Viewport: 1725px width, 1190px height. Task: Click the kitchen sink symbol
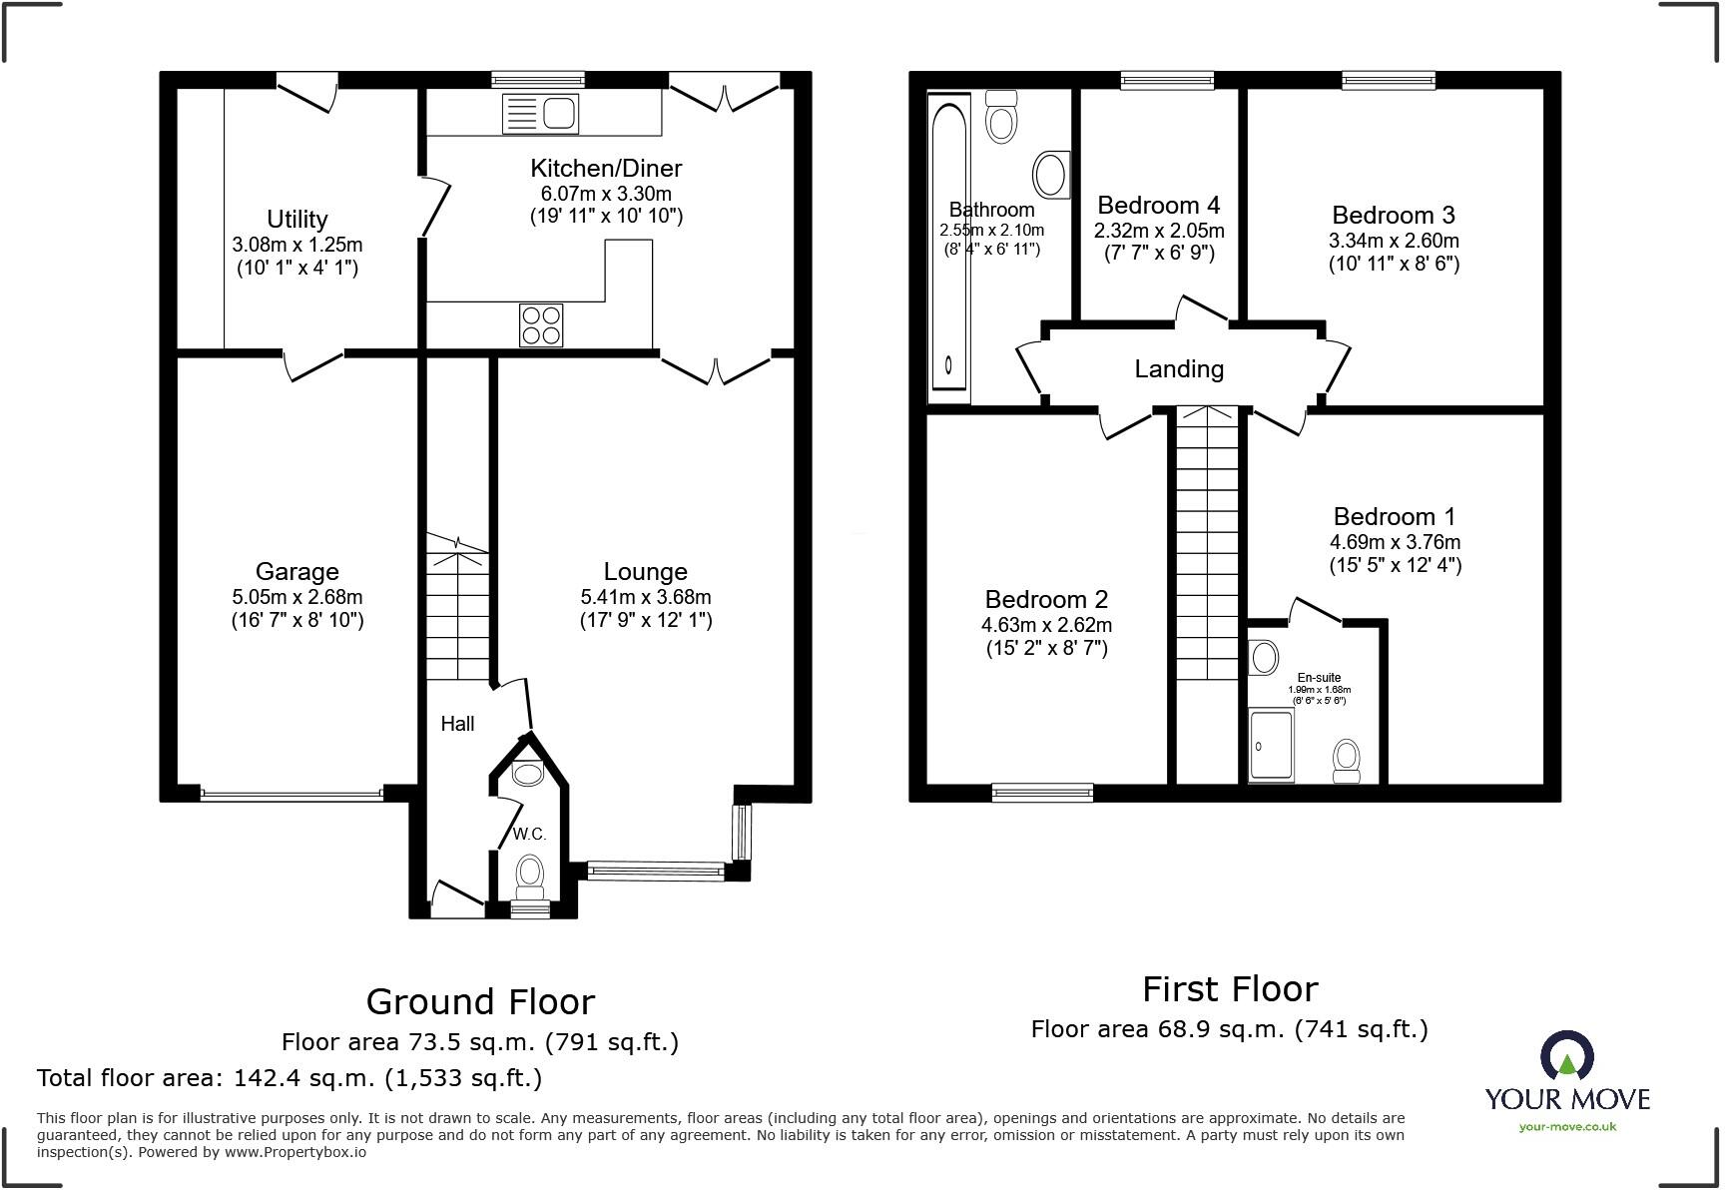(x=540, y=113)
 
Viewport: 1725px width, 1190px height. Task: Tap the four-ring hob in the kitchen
(x=541, y=324)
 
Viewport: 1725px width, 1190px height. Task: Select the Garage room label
(x=296, y=571)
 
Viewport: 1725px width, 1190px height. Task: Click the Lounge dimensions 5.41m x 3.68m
(x=645, y=597)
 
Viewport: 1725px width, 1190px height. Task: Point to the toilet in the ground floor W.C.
(x=530, y=875)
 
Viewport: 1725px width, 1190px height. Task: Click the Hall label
(x=457, y=724)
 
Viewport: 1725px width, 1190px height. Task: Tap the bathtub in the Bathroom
(x=949, y=248)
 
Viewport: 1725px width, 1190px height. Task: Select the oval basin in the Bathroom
(x=1050, y=175)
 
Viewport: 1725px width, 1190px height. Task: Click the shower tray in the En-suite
(x=1271, y=745)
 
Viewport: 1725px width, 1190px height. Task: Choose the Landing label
(x=1178, y=369)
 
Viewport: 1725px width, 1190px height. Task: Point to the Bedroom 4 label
(x=1158, y=206)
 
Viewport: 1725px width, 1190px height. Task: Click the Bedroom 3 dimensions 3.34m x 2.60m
(x=1393, y=241)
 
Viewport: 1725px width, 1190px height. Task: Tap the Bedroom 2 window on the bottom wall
(x=1042, y=793)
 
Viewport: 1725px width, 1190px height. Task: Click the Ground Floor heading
(x=480, y=1001)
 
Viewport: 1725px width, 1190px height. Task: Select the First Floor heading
(x=1229, y=989)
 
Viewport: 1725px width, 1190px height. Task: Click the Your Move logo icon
(x=1566, y=1056)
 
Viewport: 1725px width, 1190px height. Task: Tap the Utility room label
(x=296, y=219)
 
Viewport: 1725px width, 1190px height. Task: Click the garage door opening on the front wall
(x=290, y=795)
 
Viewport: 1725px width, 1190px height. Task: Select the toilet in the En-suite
(x=1347, y=762)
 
